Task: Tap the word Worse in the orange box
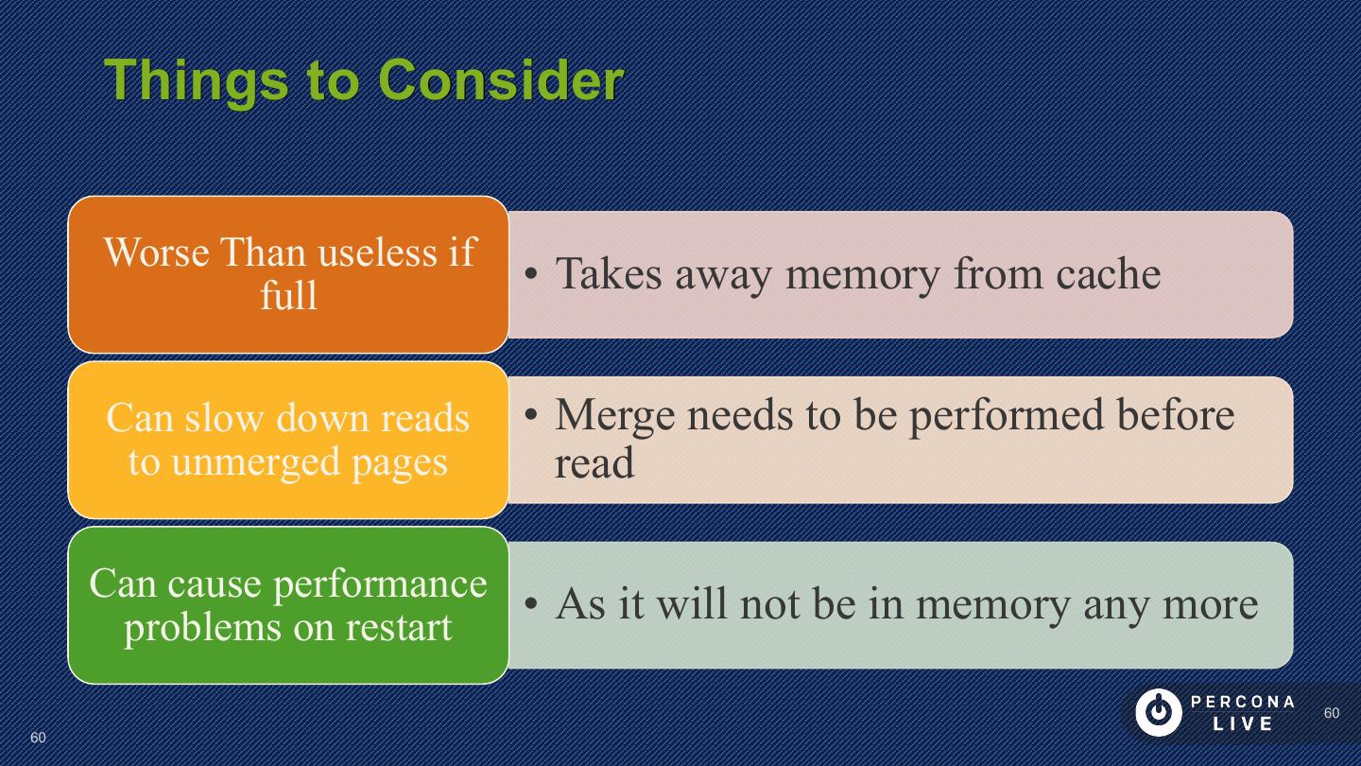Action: point(157,252)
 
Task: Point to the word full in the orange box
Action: point(288,295)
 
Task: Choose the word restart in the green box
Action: point(398,626)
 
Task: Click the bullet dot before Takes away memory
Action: point(532,275)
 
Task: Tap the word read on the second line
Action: point(594,462)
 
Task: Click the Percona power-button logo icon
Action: point(1158,713)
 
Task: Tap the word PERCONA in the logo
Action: point(1243,703)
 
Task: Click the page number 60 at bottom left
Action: point(38,738)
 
